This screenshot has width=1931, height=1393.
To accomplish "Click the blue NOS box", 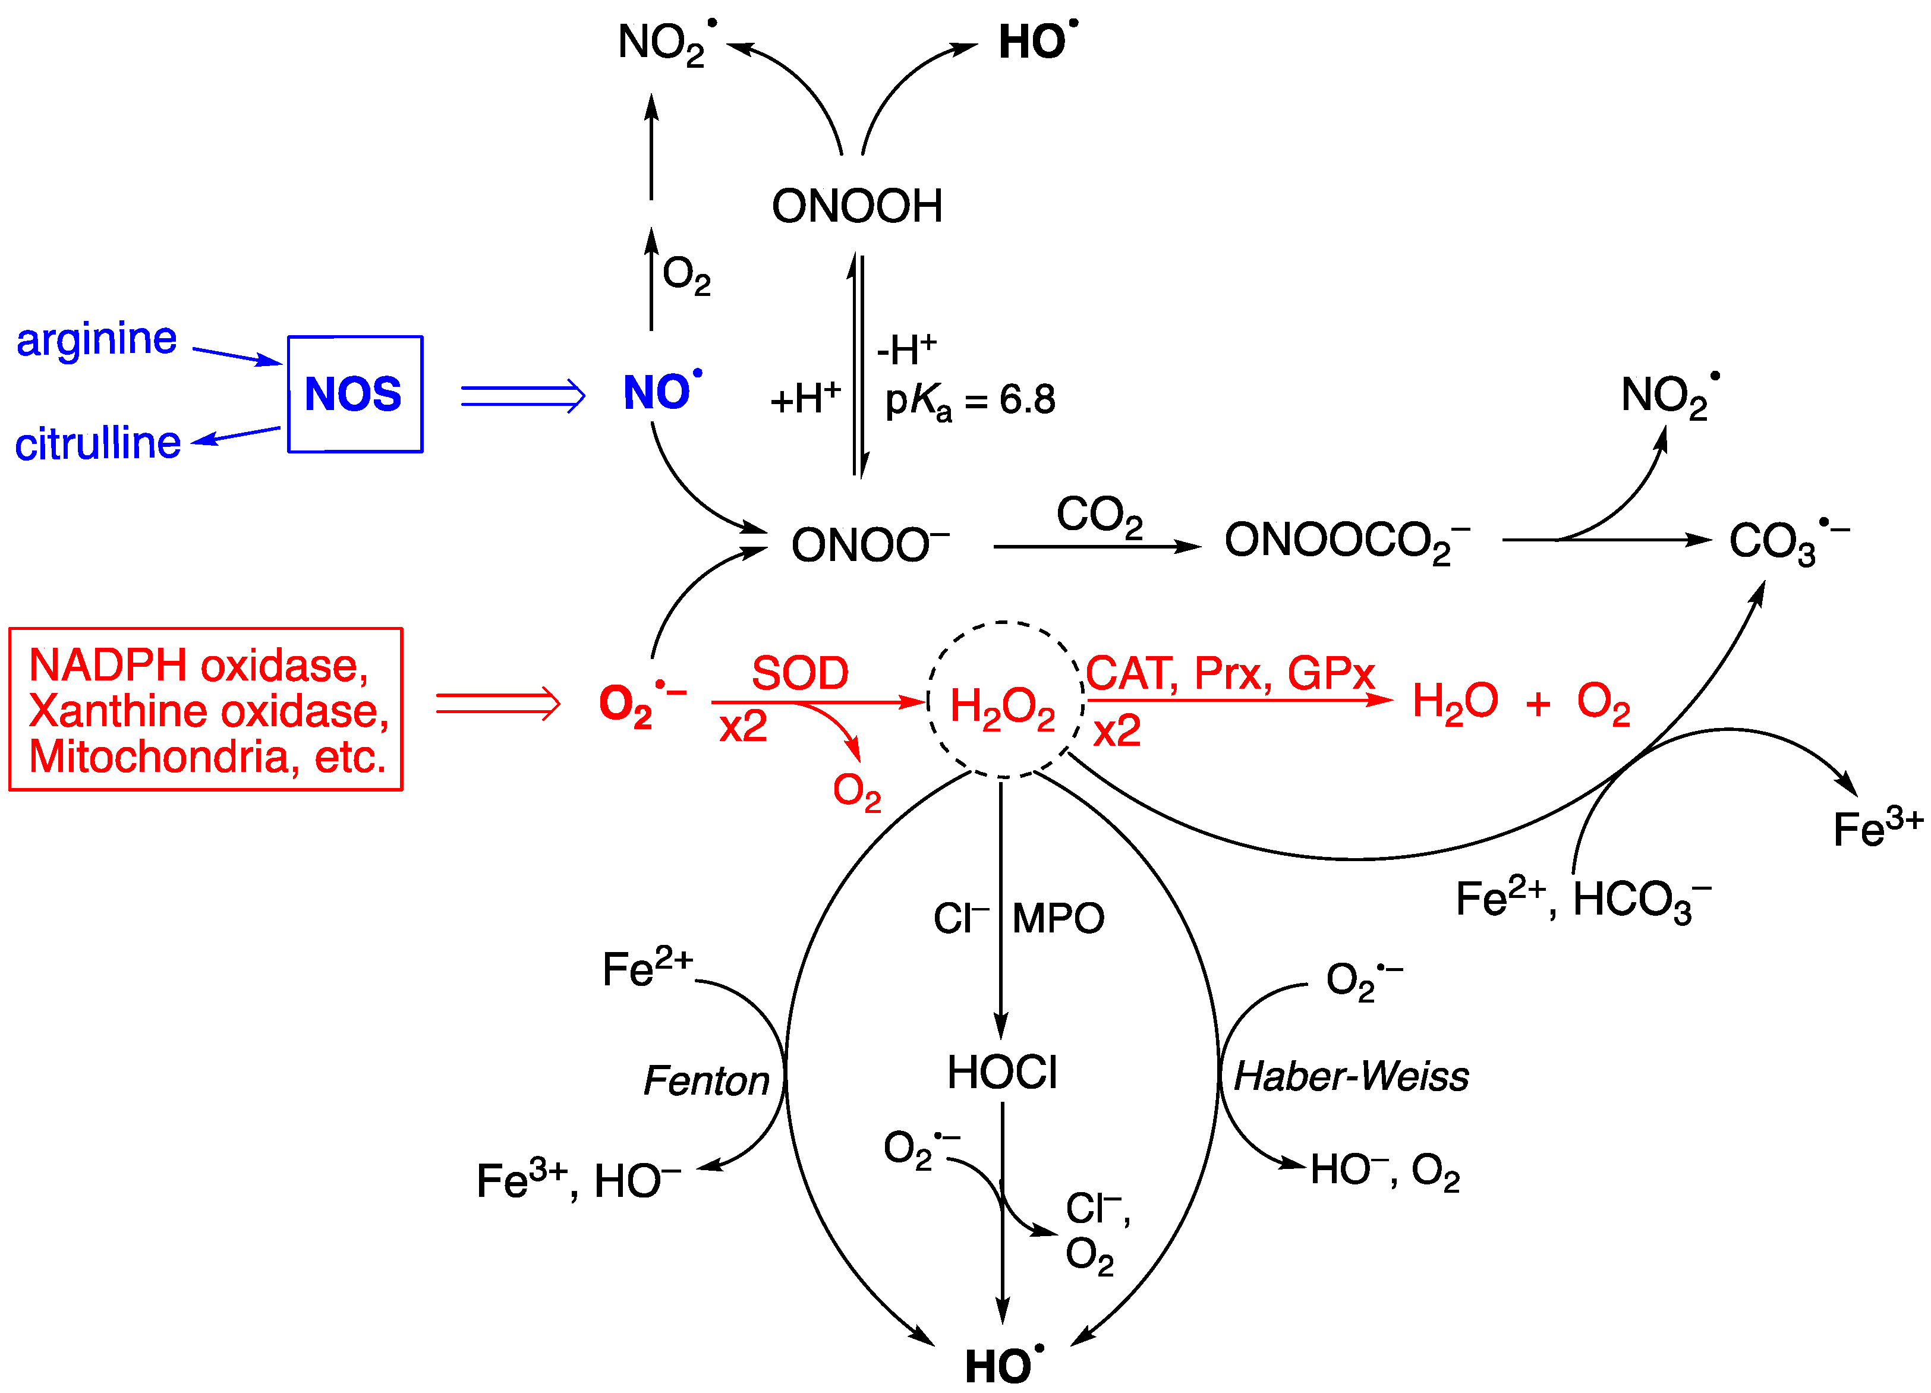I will click(355, 394).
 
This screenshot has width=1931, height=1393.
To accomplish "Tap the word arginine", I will click(96, 341).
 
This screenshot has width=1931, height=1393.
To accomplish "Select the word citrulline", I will click(98, 443).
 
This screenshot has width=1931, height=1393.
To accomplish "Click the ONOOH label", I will click(856, 206).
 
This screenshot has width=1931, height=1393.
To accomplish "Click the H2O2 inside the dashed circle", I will click(1002, 708).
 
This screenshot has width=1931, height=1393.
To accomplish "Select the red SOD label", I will click(799, 673).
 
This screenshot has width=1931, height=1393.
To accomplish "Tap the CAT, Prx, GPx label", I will click(1230, 673).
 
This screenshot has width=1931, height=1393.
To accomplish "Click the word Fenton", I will click(707, 1080).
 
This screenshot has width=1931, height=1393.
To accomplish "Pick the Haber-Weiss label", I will click(1351, 1076).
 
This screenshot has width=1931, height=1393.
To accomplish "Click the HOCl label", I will click(1002, 1072).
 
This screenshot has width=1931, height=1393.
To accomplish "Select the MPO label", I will click(1059, 919).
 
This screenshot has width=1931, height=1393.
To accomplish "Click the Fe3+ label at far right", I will click(1878, 828).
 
